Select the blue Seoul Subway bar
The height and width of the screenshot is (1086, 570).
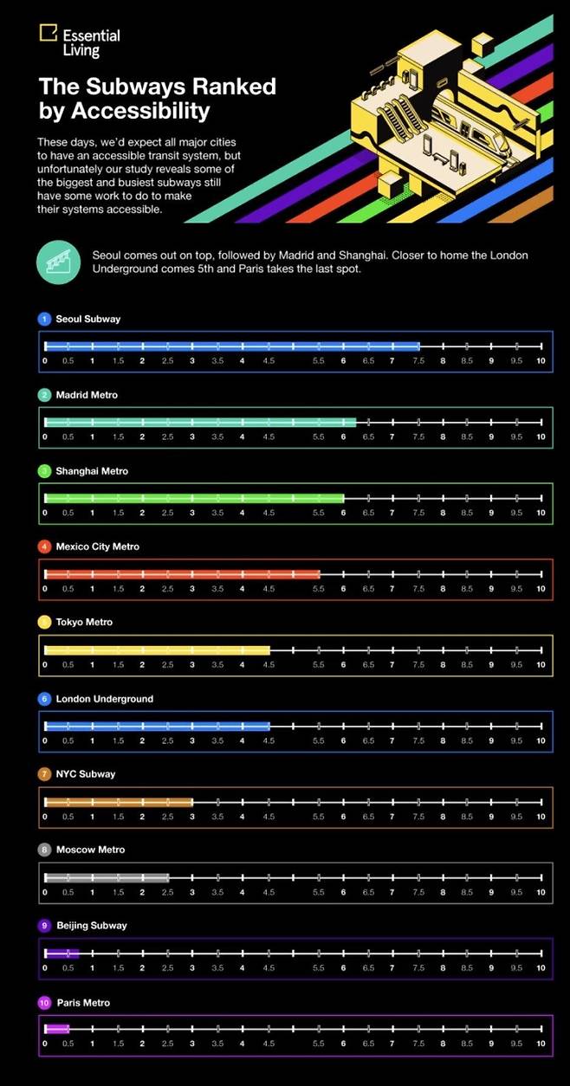(x=232, y=346)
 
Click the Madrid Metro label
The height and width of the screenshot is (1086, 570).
(x=87, y=395)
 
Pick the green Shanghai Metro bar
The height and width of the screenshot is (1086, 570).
(x=194, y=498)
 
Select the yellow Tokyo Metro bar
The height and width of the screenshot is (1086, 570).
(x=157, y=650)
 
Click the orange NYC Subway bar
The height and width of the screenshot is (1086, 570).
(x=118, y=802)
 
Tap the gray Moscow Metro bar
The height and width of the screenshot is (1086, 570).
(x=107, y=877)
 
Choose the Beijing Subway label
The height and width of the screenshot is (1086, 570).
(x=91, y=925)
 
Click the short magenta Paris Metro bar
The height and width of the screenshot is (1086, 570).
(x=56, y=1029)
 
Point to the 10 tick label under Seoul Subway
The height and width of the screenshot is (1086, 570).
(x=541, y=361)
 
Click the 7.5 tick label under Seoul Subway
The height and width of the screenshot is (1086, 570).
(x=418, y=361)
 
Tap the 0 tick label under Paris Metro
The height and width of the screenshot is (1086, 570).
(x=44, y=1044)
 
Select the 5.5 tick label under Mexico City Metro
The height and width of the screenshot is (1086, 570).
(x=319, y=589)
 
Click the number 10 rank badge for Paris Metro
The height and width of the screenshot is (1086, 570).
(x=45, y=1002)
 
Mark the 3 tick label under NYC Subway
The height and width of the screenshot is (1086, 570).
(x=192, y=817)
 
